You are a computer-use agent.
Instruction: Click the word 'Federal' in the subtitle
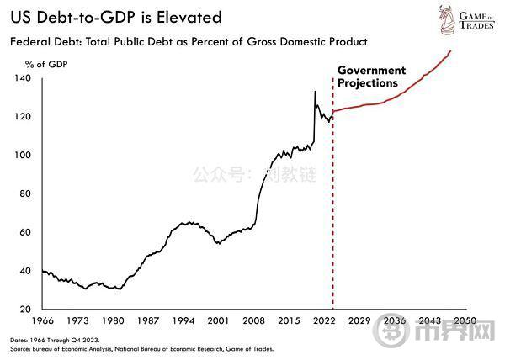point(31,40)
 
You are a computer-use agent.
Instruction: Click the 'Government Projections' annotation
point(371,77)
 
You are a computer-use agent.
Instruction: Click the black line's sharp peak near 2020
point(315,91)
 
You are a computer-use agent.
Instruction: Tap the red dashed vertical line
point(332,210)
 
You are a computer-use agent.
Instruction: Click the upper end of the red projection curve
point(450,51)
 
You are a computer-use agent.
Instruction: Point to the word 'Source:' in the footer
point(21,347)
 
